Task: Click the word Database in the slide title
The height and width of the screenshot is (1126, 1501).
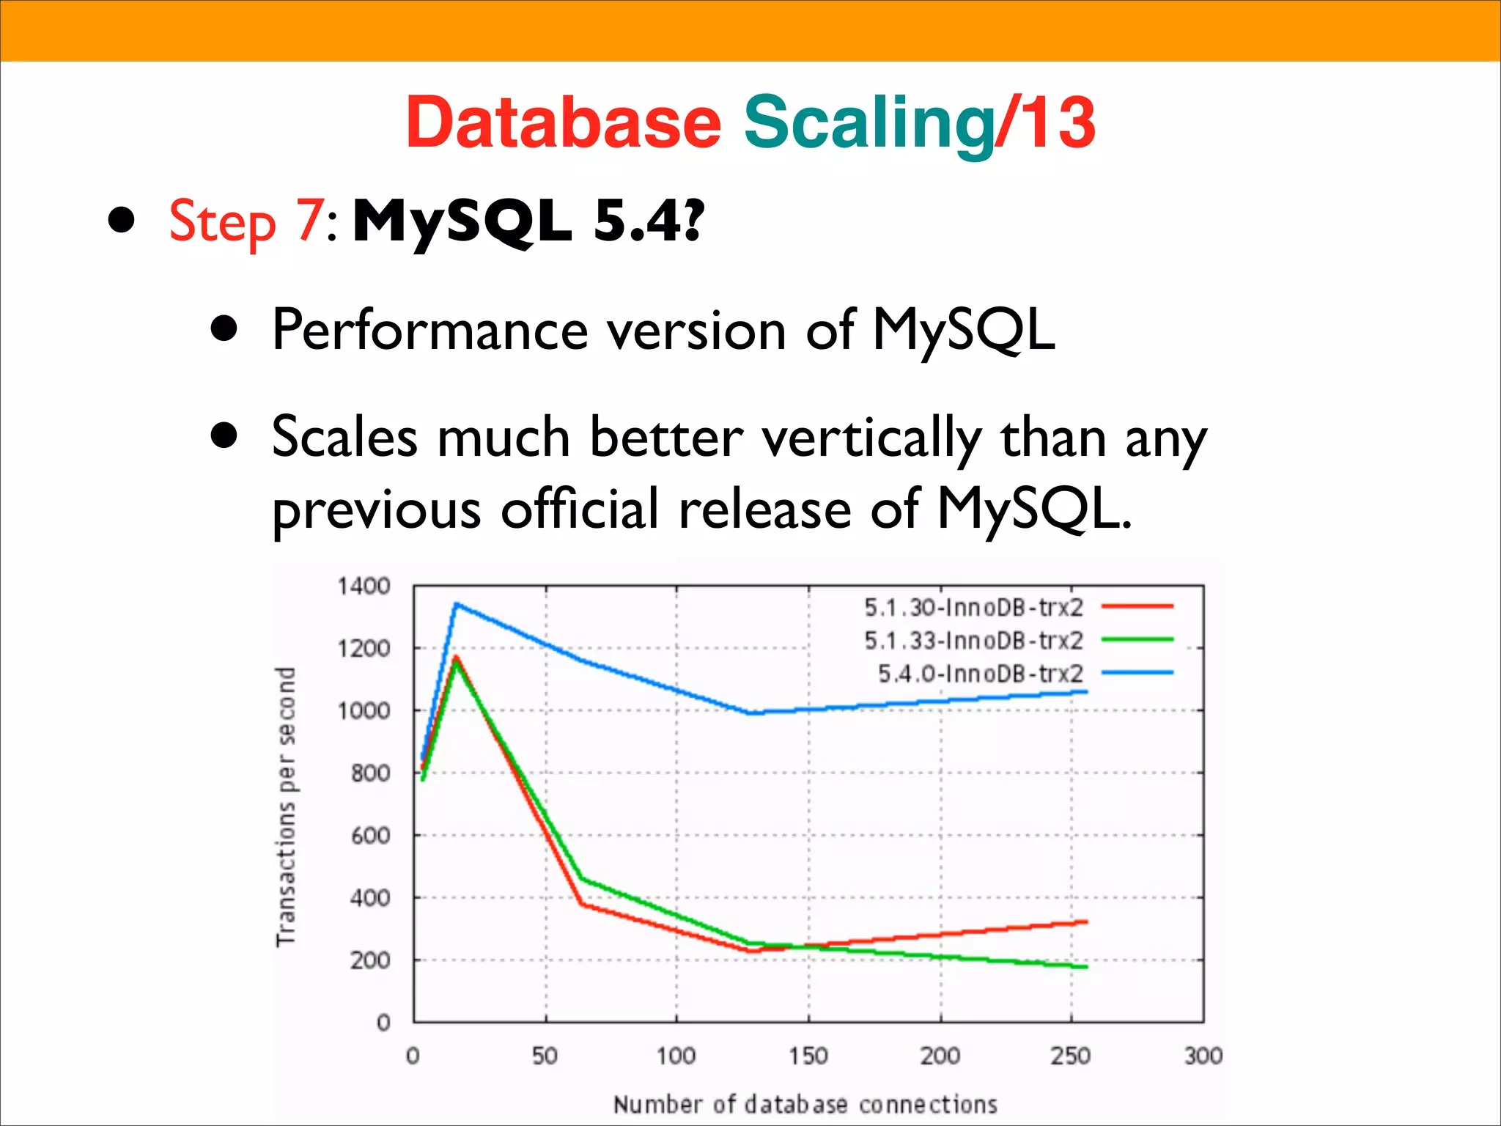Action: coord(564,122)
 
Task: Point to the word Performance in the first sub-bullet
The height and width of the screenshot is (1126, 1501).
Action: coord(429,330)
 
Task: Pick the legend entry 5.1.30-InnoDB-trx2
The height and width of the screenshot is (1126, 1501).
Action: coord(973,607)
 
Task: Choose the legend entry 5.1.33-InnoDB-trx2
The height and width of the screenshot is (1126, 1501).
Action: coord(973,640)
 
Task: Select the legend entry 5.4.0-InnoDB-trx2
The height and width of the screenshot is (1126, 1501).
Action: coord(981,673)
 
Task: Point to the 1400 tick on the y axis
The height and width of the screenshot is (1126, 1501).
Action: coord(364,586)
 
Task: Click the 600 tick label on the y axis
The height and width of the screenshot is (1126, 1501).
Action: coord(370,835)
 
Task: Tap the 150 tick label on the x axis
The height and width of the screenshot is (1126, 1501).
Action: coord(808,1056)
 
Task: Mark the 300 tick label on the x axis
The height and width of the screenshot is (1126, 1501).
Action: coord(1203,1056)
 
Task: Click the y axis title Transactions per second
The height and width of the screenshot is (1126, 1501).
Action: coord(286,806)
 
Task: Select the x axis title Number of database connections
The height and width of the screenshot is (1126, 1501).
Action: coord(805,1104)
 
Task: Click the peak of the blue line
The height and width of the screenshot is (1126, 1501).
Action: coord(456,604)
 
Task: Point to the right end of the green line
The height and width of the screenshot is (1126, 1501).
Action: coord(1085,967)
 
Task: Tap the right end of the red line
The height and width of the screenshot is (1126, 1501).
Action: coord(1085,921)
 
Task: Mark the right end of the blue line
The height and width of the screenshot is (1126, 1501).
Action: coord(1085,691)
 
